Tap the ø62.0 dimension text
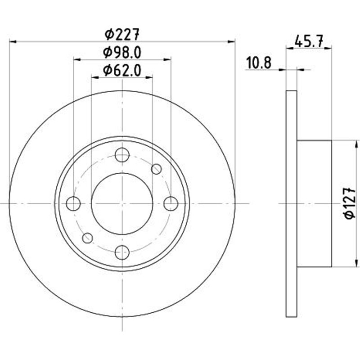pos(122,70)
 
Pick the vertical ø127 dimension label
pos(351,204)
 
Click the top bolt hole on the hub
pos(122,155)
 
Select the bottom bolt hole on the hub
pos(122,252)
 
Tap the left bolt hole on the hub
pos(73,204)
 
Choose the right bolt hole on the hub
pos(171,204)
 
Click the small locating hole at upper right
pos(157,169)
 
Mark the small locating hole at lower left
pos(88,238)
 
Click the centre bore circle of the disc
pos(122,204)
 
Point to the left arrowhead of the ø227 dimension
pos(13,41)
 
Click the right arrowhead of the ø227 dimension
pos(232,41)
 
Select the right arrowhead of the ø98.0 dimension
pos(168,59)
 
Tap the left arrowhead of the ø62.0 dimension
pos(94,77)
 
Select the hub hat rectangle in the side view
pos(314,204)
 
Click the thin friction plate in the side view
pos(292,204)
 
